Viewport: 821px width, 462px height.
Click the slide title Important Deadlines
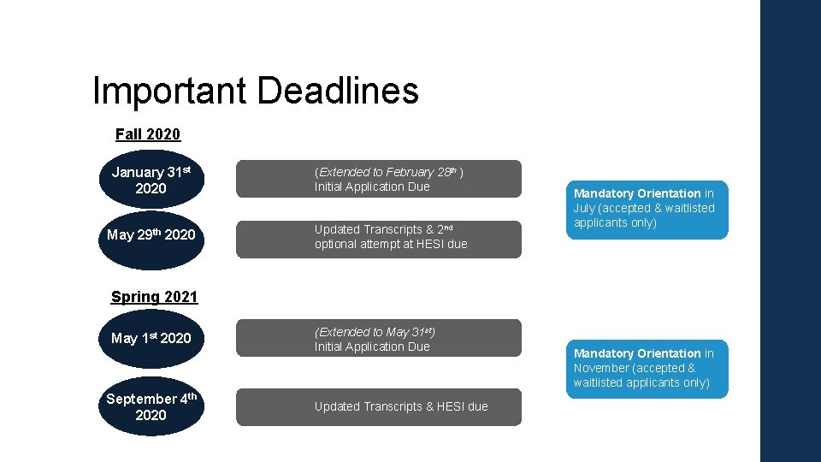tap(255, 91)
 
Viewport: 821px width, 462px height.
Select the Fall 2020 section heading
tap(148, 134)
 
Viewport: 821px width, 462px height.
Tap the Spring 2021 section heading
tap(154, 297)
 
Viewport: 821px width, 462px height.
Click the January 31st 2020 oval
tap(151, 180)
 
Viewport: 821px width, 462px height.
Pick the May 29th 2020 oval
tap(151, 234)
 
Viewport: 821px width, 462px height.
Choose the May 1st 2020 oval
tap(151, 338)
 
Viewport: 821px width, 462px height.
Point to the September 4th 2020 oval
tap(151, 406)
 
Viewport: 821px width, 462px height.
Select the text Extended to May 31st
tap(375, 332)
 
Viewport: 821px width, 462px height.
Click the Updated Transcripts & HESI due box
tap(378, 406)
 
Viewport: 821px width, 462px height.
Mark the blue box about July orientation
tap(647, 209)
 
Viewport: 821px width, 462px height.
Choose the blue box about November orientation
tap(647, 368)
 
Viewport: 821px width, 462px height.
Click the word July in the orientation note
tap(585, 208)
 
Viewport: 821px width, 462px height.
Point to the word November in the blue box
tap(601, 368)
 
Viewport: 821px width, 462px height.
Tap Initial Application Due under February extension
tap(371, 187)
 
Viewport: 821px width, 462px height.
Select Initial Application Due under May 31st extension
tap(371, 346)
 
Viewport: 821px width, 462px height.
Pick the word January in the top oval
tap(138, 172)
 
